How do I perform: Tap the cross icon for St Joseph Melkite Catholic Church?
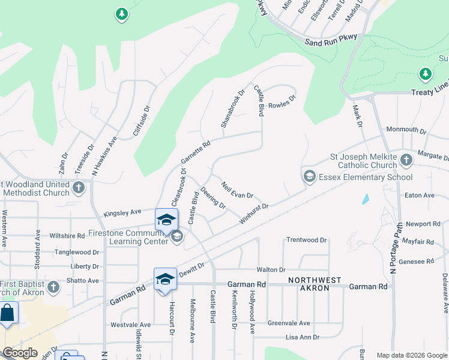coord(406,160)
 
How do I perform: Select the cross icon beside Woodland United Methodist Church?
coord(79,188)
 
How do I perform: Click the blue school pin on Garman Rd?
coord(165,280)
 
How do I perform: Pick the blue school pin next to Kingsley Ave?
coord(167,220)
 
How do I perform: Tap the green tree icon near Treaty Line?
coord(426,74)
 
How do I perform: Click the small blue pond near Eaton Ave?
coord(365,199)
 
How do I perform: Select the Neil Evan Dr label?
coord(237,190)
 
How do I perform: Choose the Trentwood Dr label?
coord(306,240)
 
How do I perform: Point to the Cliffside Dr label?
coord(140,121)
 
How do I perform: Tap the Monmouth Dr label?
coord(406,130)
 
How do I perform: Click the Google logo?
coord(19,353)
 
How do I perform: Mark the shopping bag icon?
coord(7,314)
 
